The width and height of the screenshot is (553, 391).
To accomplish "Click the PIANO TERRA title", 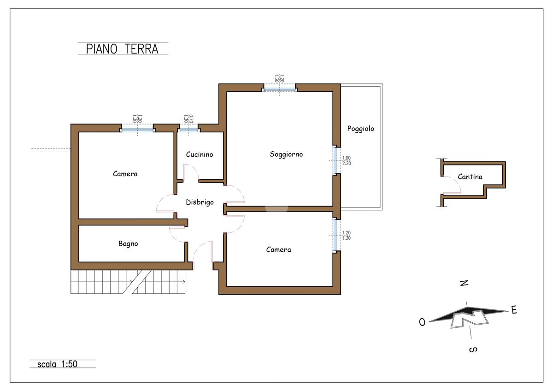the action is [x=122, y=49].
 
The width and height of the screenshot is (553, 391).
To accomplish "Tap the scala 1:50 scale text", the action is [x=57, y=364].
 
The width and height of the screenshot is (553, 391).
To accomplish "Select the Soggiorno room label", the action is [x=286, y=154].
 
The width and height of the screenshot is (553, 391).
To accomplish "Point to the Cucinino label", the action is [x=200, y=154].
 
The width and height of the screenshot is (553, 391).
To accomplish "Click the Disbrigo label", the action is [x=200, y=202].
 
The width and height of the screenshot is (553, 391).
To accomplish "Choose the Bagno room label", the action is [x=128, y=244].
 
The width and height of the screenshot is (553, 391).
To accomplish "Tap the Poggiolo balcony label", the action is [x=361, y=129].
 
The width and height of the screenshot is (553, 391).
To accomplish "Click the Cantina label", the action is [x=470, y=177].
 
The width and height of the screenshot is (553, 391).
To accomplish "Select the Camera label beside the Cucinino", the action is [x=125, y=174].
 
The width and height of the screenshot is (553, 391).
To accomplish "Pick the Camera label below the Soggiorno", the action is [x=278, y=249].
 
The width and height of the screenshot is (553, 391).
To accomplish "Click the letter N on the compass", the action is [x=464, y=283].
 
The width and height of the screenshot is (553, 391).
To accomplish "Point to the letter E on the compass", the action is [x=514, y=310].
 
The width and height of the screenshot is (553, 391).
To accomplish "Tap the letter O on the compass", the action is [x=422, y=322].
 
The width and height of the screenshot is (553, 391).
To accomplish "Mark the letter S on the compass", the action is [x=473, y=350].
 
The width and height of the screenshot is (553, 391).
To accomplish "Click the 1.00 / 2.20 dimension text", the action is [x=347, y=160].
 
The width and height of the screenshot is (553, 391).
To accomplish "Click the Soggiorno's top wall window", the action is [x=279, y=88].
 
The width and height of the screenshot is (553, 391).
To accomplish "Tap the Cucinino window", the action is [x=188, y=130].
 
